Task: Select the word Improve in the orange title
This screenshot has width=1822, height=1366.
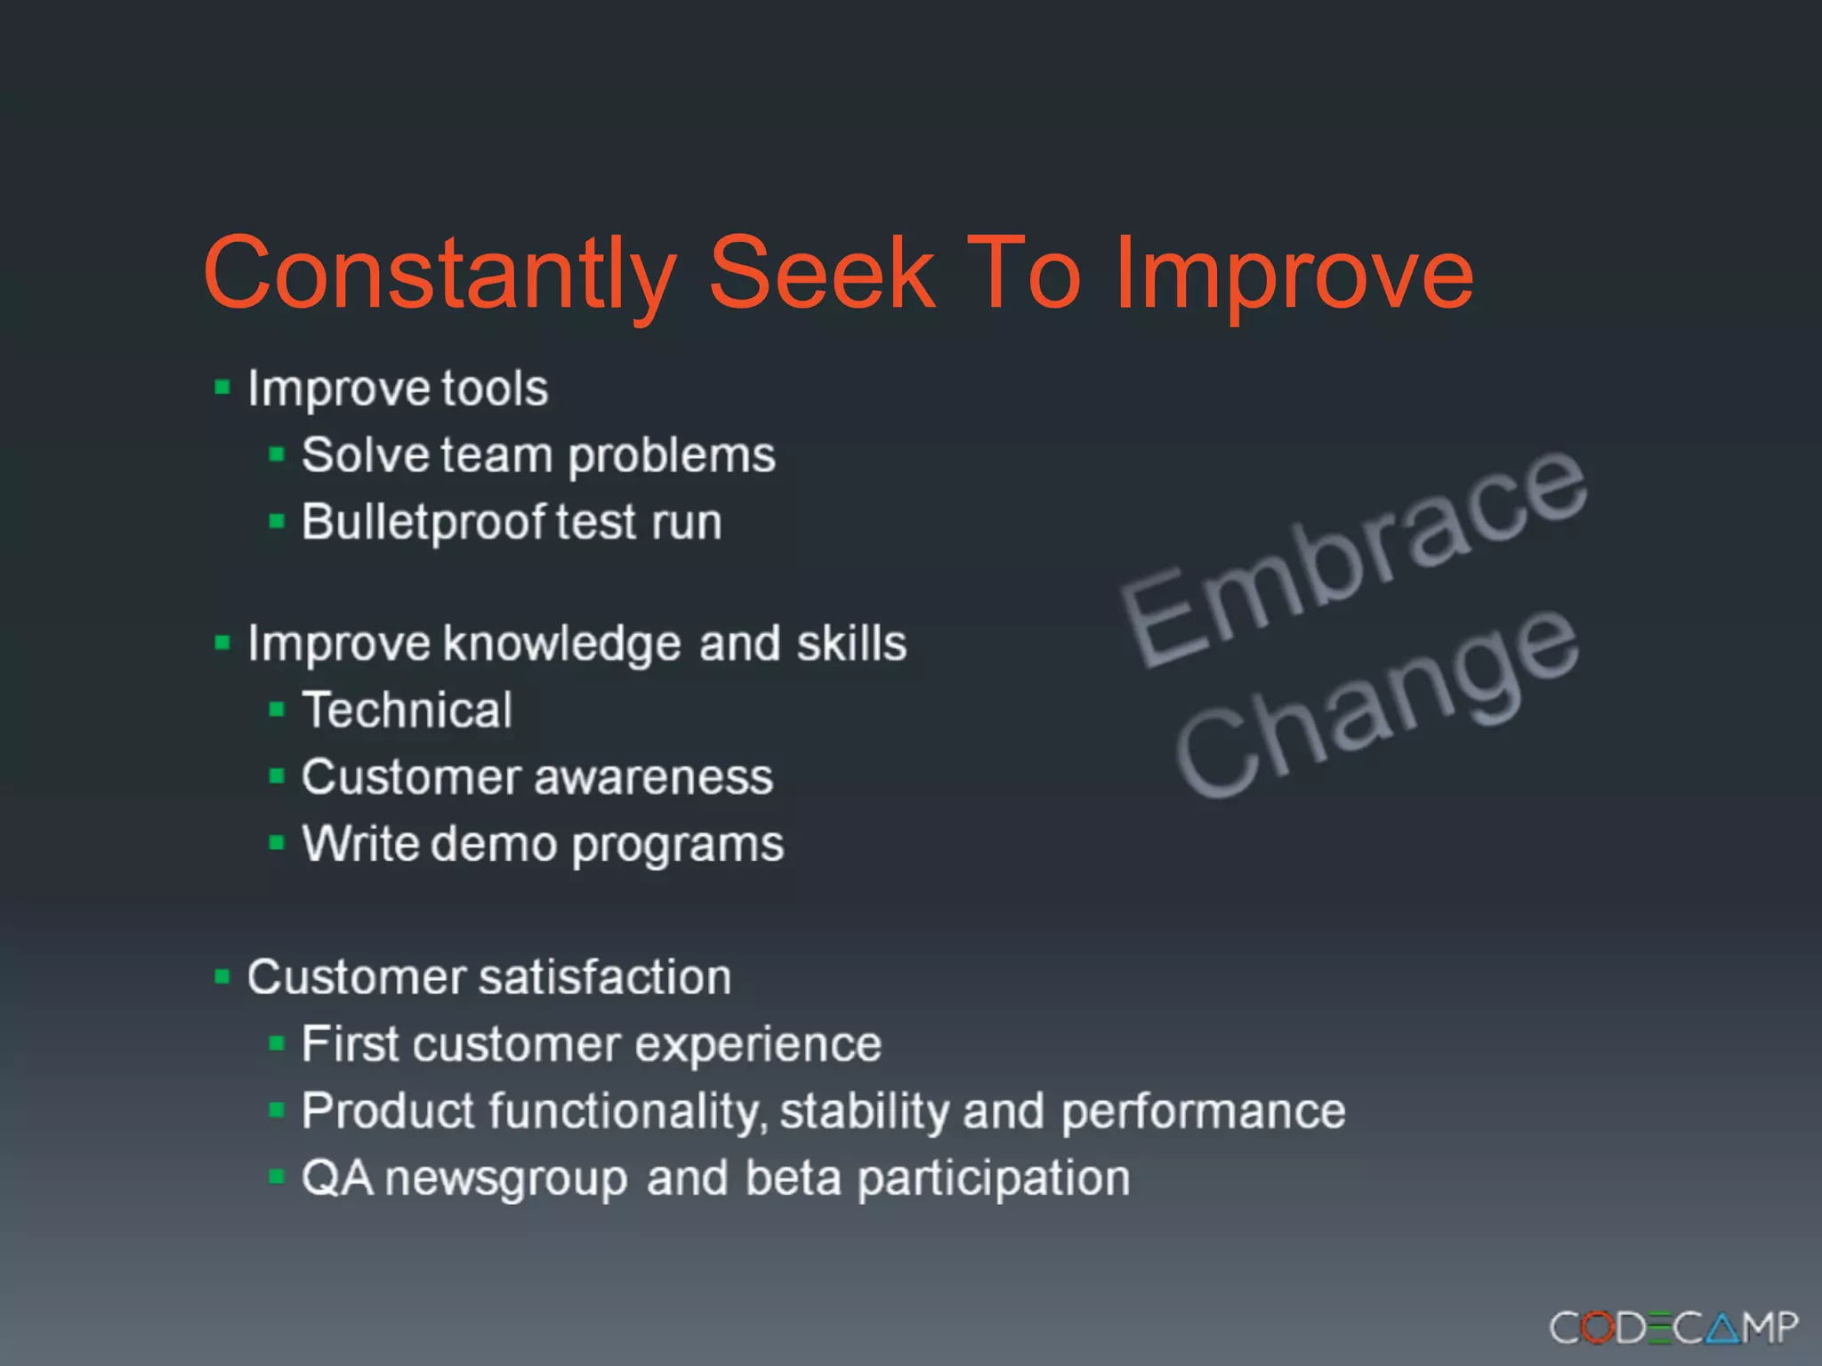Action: [x=1294, y=274]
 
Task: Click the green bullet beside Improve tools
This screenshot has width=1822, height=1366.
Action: [x=222, y=388]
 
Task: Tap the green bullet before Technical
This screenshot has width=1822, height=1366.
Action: [x=277, y=710]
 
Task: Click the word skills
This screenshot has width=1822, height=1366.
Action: [x=851, y=642]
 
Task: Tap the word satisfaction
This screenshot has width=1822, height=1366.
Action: [x=605, y=977]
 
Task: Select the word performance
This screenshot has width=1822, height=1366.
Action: [x=1203, y=1113]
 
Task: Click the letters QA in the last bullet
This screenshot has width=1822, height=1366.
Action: [x=337, y=1178]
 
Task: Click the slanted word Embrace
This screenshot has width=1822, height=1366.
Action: [x=1352, y=556]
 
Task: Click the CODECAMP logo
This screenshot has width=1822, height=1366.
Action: [x=1673, y=1328]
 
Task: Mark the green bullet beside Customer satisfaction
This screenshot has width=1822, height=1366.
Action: [x=222, y=977]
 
